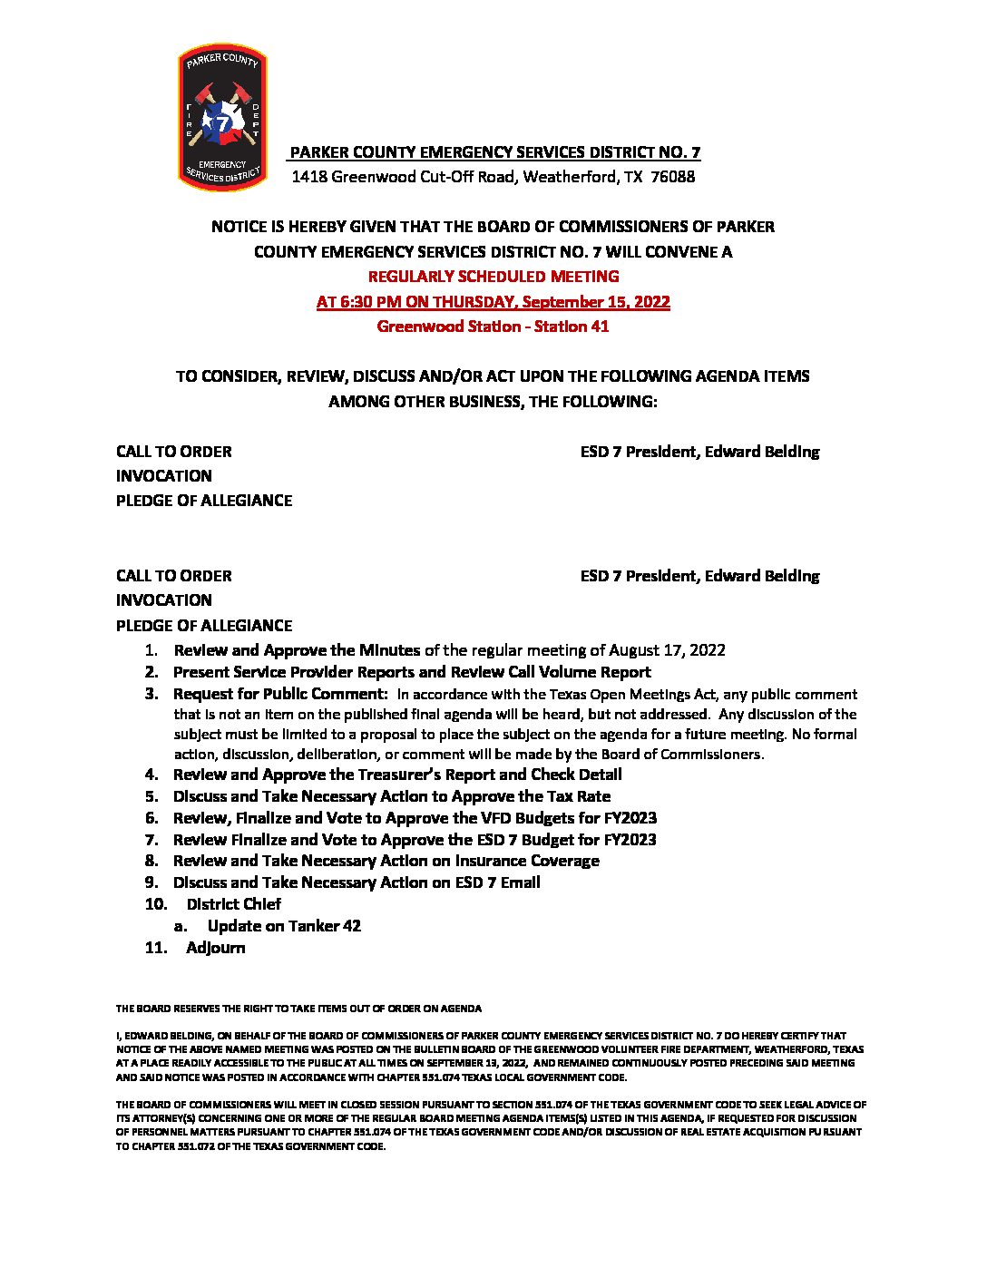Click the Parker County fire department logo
(221, 118)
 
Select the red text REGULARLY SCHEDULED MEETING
(493, 277)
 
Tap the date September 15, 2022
(594, 302)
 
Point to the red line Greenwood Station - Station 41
(493, 327)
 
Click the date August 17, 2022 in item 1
(667, 650)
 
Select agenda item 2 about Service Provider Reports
(412, 672)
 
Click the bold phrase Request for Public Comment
(280, 695)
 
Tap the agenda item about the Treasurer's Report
(397, 775)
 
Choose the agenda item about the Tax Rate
(392, 796)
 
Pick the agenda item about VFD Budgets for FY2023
(415, 818)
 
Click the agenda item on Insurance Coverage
(386, 861)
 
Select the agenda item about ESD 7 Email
(357, 882)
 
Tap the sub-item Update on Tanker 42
(284, 926)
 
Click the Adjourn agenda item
(216, 948)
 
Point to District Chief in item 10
(233, 904)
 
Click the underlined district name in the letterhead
(494, 152)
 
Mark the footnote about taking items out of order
(298, 1009)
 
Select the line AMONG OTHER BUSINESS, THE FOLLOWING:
(493, 401)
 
